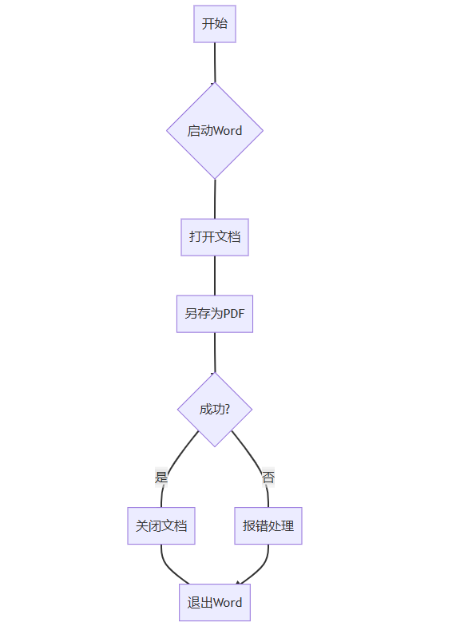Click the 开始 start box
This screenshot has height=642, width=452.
[215, 24]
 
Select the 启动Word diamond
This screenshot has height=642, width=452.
[215, 131]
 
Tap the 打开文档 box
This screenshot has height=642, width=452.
[215, 237]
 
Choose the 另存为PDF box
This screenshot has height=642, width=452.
[215, 314]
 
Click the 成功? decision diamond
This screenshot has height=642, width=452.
[215, 410]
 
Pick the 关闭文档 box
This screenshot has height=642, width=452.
[161, 525]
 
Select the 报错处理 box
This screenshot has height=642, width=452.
[268, 525]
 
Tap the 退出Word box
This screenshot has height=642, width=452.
[215, 602]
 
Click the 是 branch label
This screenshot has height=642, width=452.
[161, 477]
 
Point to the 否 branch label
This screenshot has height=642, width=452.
[268, 477]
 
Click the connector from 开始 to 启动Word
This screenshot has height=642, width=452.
[215, 62]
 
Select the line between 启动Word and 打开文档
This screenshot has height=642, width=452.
[215, 199]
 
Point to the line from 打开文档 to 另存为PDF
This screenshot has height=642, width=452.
[215, 275]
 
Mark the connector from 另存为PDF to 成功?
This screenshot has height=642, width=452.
[215, 352]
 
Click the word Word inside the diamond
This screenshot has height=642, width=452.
[228, 131]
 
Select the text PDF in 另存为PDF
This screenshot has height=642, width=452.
[234, 314]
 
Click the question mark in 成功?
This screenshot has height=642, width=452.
[228, 409]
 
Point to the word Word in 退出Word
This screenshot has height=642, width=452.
[228, 603]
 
